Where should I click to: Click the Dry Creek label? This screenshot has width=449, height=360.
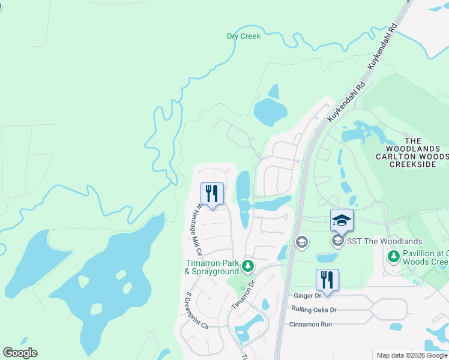point(244,36)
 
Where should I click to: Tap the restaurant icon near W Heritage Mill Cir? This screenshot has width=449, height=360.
point(212,194)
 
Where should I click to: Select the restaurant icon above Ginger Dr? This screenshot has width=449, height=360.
point(327,280)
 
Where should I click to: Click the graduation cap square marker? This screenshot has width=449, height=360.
point(342,220)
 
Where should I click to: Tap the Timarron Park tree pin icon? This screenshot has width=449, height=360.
point(247,265)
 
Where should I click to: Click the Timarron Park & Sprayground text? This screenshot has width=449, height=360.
point(211,268)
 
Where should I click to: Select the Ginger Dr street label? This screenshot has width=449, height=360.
point(307,296)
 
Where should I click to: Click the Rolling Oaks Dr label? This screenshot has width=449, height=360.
point(314,310)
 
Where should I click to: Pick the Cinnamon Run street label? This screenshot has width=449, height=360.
point(310,324)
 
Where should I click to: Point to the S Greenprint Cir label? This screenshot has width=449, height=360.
point(196,310)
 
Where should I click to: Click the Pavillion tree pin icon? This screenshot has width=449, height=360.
point(393,257)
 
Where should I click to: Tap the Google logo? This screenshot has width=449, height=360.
point(20,353)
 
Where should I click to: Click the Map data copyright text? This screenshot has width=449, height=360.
point(412,355)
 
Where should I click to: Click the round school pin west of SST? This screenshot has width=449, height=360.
point(301,242)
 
